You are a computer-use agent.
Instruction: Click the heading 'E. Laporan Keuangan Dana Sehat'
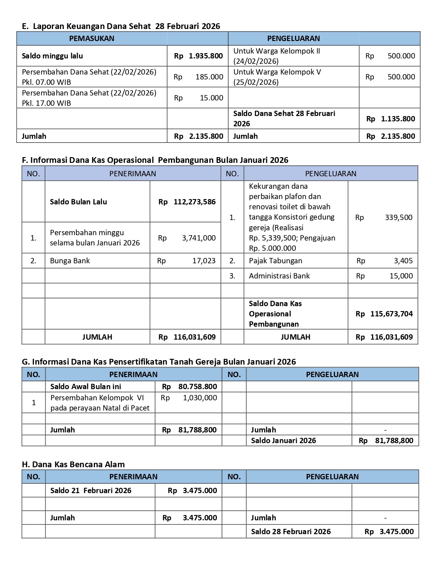click(121, 26)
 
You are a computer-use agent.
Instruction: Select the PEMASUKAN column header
click(91, 38)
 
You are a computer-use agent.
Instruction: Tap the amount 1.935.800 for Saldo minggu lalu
click(205, 56)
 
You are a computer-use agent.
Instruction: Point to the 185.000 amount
click(209, 77)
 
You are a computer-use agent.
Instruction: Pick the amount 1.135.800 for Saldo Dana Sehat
click(398, 119)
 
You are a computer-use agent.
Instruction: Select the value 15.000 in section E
click(211, 98)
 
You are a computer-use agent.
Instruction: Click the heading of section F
click(155, 160)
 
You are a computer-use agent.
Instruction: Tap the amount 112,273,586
click(194, 202)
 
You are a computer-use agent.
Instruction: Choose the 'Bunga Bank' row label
click(70, 261)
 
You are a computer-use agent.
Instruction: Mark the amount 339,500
click(398, 217)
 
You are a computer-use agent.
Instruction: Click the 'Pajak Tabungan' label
click(275, 261)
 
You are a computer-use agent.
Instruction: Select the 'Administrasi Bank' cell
click(279, 276)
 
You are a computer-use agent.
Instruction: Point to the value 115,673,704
click(391, 314)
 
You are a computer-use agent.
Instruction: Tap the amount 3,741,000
click(199, 238)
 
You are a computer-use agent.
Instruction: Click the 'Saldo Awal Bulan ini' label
click(86, 386)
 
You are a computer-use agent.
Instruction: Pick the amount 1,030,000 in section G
click(200, 398)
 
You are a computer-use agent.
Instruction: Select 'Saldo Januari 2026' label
click(283, 440)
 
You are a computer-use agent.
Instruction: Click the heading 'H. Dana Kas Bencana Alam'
click(73, 464)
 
